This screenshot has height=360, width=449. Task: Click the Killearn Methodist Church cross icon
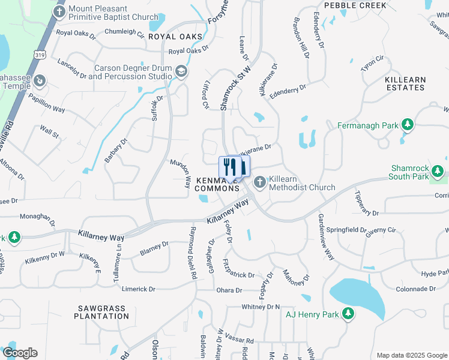(x=261, y=182)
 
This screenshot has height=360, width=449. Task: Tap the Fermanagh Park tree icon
(x=408, y=125)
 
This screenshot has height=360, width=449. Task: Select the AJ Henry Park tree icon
(x=348, y=313)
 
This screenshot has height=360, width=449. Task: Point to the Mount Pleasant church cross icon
(x=59, y=11)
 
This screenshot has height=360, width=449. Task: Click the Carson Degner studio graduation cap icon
(x=181, y=72)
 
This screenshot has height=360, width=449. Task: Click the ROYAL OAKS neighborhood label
(x=175, y=37)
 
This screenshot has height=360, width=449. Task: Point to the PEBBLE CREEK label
(x=355, y=5)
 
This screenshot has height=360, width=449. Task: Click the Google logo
(x=20, y=353)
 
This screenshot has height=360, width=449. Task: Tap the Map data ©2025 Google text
(x=412, y=355)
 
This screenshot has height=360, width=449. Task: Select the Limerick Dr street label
(x=138, y=289)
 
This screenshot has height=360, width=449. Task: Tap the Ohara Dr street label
(x=229, y=290)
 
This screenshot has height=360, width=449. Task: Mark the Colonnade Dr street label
(x=415, y=289)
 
